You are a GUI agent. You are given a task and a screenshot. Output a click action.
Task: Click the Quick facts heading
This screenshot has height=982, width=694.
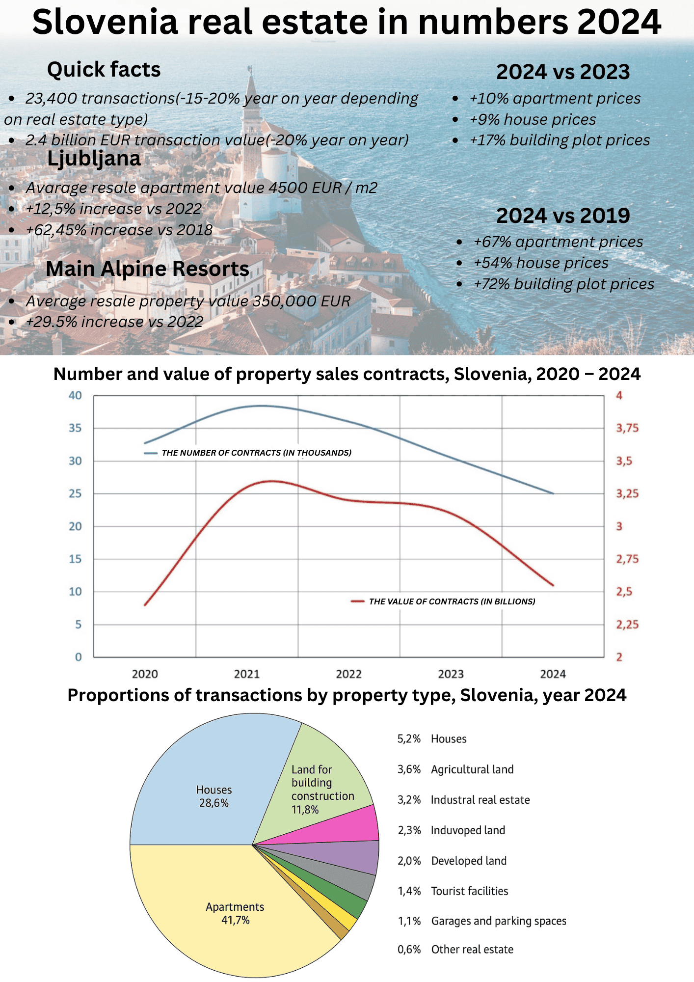(104, 70)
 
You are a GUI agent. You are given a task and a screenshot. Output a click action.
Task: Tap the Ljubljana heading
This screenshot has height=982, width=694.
(94, 159)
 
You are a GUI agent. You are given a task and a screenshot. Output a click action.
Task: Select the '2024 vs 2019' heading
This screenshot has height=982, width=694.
(563, 216)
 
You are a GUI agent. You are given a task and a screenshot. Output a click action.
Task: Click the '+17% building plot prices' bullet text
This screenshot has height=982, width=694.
(560, 140)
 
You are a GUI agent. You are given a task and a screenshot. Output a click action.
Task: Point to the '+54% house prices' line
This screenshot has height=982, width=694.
(540, 263)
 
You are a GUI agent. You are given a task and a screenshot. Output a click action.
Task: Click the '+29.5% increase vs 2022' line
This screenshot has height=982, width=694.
(114, 322)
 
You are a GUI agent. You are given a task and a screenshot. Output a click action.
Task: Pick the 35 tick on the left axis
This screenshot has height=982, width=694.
(75, 428)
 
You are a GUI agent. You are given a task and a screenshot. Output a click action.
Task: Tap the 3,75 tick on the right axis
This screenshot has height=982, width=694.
(627, 428)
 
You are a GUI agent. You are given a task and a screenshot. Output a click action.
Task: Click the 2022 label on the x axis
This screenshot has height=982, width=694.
(348, 674)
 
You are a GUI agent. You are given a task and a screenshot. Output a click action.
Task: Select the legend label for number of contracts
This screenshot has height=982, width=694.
(256, 453)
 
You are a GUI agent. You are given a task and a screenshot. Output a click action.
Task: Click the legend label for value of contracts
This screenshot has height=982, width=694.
(452, 601)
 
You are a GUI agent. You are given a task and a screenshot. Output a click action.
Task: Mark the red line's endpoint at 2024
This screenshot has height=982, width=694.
(553, 585)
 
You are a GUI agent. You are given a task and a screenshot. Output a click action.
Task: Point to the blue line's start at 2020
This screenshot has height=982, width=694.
(145, 443)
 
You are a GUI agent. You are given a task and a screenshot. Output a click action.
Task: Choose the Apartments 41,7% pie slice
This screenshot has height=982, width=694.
(235, 913)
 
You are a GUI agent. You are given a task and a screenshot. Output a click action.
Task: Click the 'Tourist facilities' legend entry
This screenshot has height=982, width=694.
(469, 891)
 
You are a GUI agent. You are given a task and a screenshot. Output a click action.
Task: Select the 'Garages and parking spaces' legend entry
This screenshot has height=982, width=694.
(498, 921)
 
